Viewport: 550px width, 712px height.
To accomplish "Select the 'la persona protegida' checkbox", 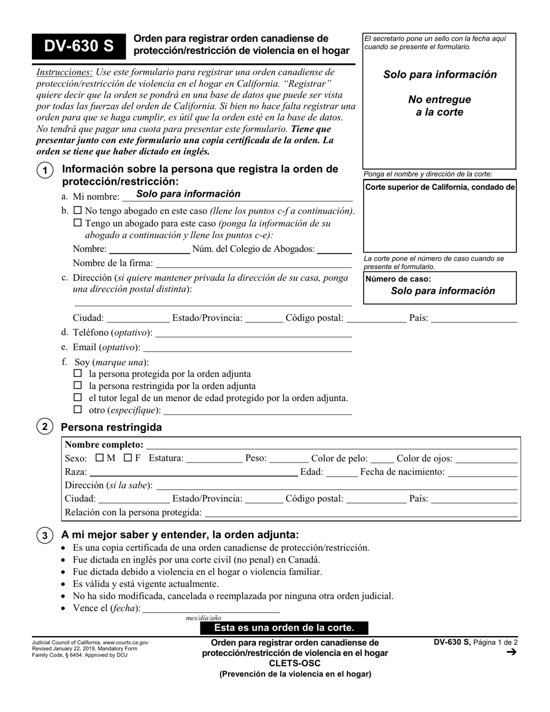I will pos(79,374).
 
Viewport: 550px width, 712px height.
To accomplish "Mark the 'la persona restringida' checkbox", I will pos(79,386).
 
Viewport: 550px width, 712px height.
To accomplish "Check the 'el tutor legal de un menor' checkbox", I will pos(79,398).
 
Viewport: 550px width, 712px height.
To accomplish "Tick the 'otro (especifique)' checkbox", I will pos(79,410).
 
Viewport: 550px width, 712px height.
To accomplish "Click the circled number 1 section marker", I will pos(45,171).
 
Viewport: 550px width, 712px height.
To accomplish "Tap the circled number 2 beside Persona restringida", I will pos(45,427).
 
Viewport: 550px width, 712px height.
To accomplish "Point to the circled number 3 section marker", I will pos(45,535).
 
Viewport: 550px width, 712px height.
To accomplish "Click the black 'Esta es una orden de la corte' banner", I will pos(284,628).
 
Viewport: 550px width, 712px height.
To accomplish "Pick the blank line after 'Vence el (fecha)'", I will pos(211,610).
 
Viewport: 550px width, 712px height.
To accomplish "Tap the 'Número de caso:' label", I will pos(398,279).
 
